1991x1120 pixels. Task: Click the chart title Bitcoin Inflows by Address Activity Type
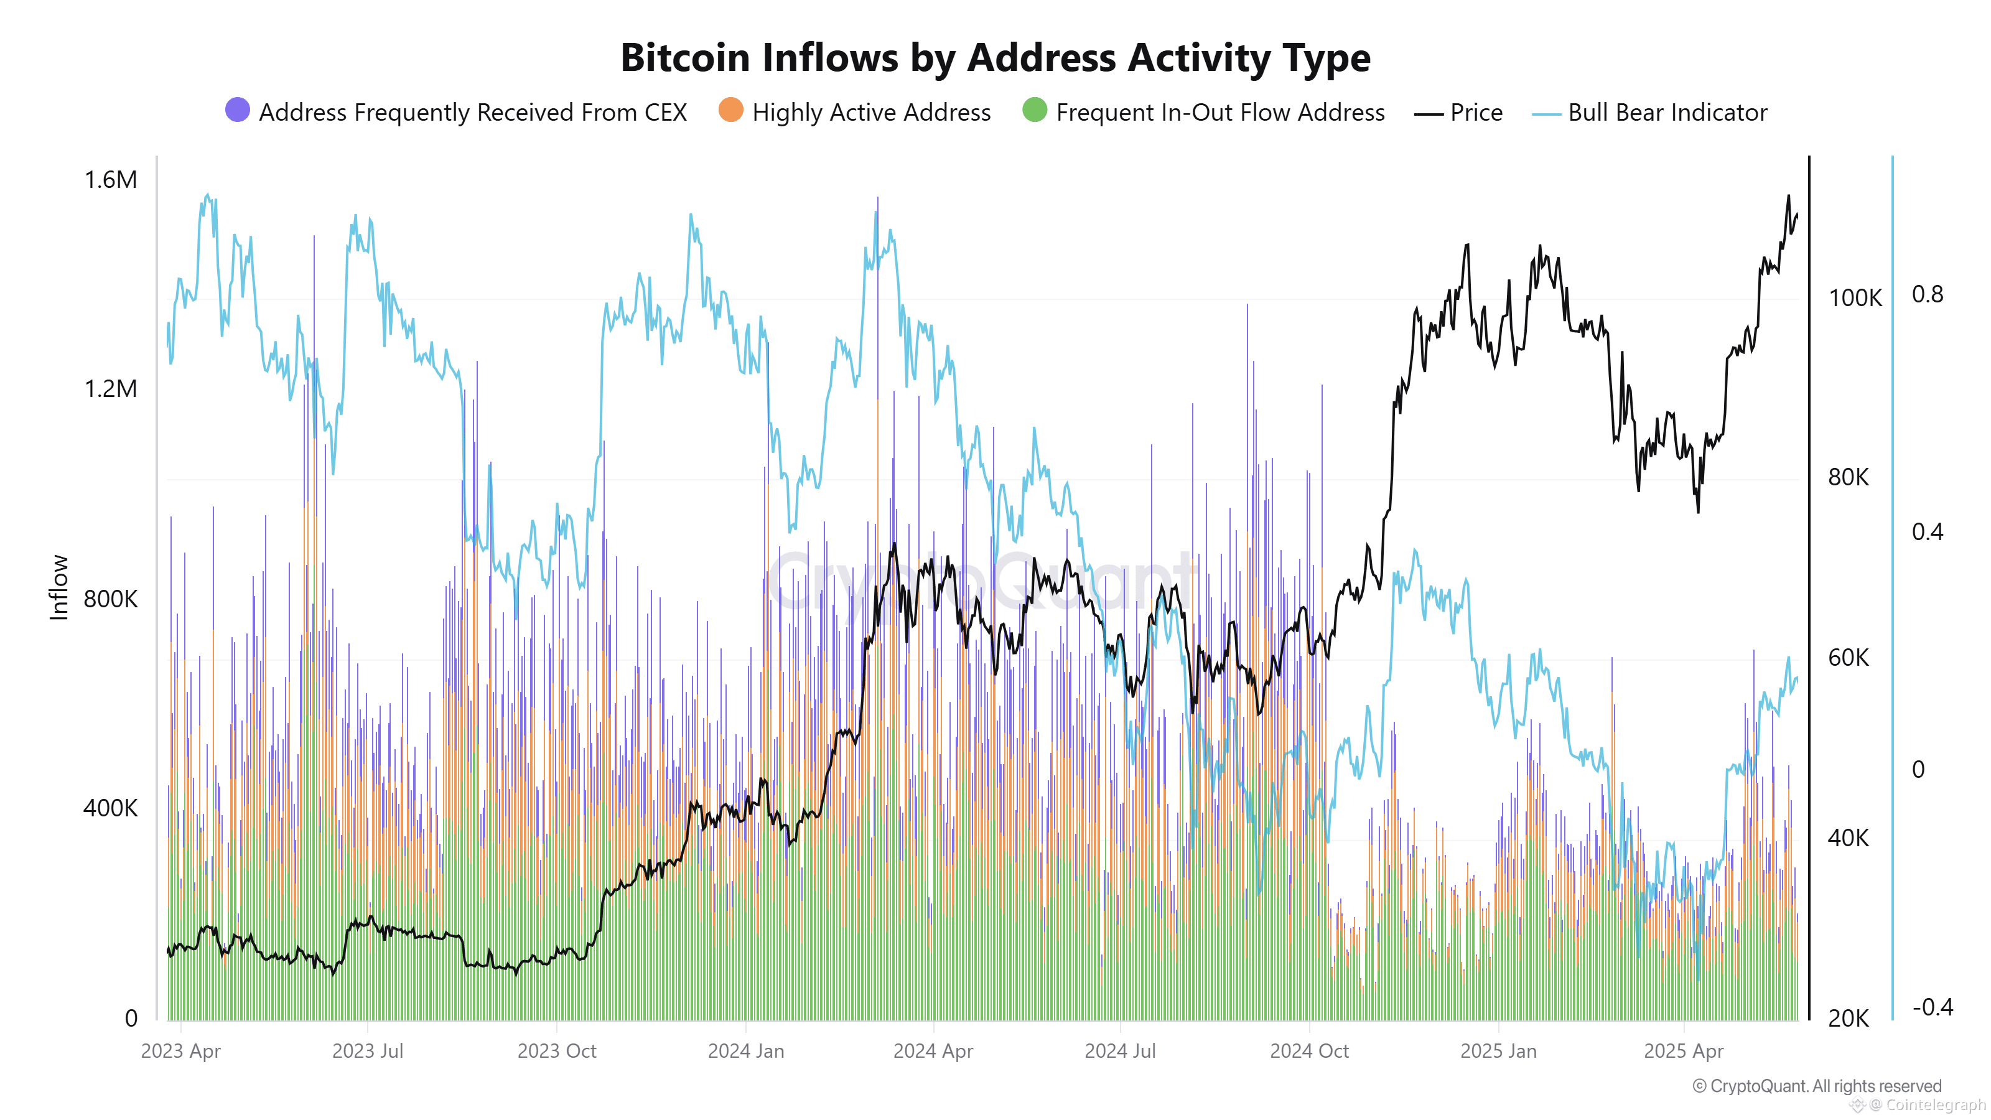pyautogui.click(x=995, y=58)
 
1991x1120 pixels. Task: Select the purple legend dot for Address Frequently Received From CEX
pyautogui.click(x=237, y=111)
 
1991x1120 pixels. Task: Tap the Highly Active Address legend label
pyautogui.click(x=871, y=113)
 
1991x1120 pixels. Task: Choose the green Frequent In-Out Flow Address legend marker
pyautogui.click(x=1034, y=111)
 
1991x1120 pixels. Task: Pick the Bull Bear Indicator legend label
pyautogui.click(x=1667, y=113)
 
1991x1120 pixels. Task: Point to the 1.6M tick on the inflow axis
pyautogui.click(x=111, y=179)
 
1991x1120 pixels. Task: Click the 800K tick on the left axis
pyautogui.click(x=111, y=599)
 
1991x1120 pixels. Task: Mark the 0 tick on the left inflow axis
pyautogui.click(x=131, y=1018)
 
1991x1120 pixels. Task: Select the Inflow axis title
pyautogui.click(x=58, y=587)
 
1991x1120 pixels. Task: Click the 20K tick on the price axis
pyautogui.click(x=1848, y=1018)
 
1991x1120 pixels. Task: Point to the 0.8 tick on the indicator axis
pyautogui.click(x=1927, y=294)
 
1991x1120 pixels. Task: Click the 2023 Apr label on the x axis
pyautogui.click(x=181, y=1051)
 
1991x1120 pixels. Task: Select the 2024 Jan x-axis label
pyautogui.click(x=746, y=1051)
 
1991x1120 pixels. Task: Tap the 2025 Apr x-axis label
pyautogui.click(x=1684, y=1051)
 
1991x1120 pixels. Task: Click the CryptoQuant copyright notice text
pyautogui.click(x=1816, y=1086)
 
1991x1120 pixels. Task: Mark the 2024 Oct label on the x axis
pyautogui.click(x=1309, y=1051)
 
